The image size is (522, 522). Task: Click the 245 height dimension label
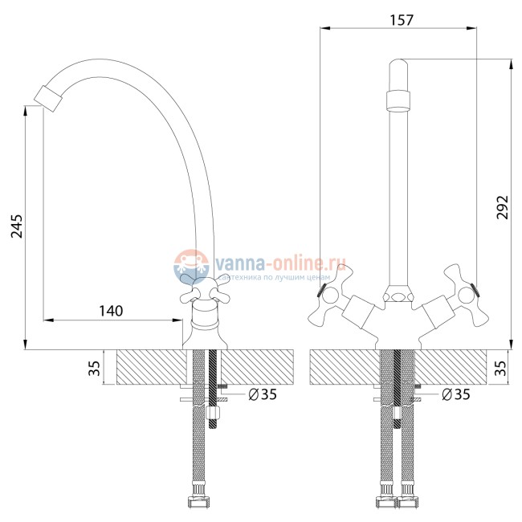click(x=17, y=226)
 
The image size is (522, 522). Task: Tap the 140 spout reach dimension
click(x=111, y=311)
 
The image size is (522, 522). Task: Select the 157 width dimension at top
click(x=402, y=20)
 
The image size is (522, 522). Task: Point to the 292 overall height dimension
click(x=503, y=207)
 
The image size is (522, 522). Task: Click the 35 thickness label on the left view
click(x=95, y=368)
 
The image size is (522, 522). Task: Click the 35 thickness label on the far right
click(x=500, y=368)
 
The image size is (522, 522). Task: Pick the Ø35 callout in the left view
click(x=263, y=394)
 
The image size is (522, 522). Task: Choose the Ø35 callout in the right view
click(x=456, y=394)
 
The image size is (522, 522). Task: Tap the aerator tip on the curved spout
click(x=48, y=99)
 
